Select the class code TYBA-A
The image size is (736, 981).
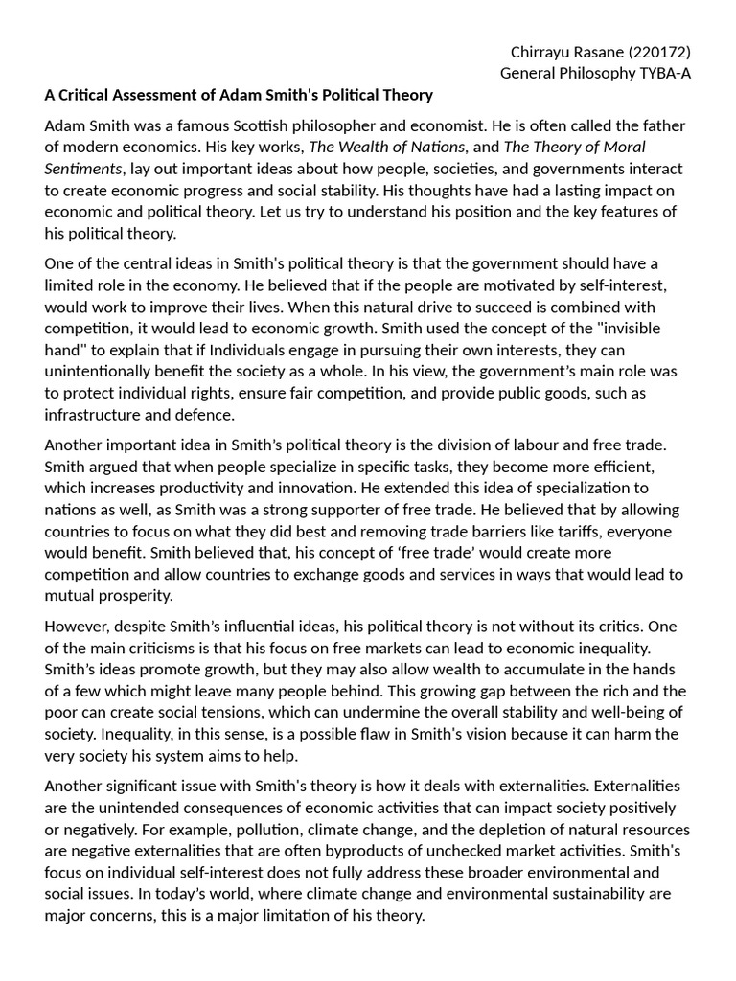tap(663, 73)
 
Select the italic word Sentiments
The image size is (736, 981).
tap(82, 169)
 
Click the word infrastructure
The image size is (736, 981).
tap(92, 414)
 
